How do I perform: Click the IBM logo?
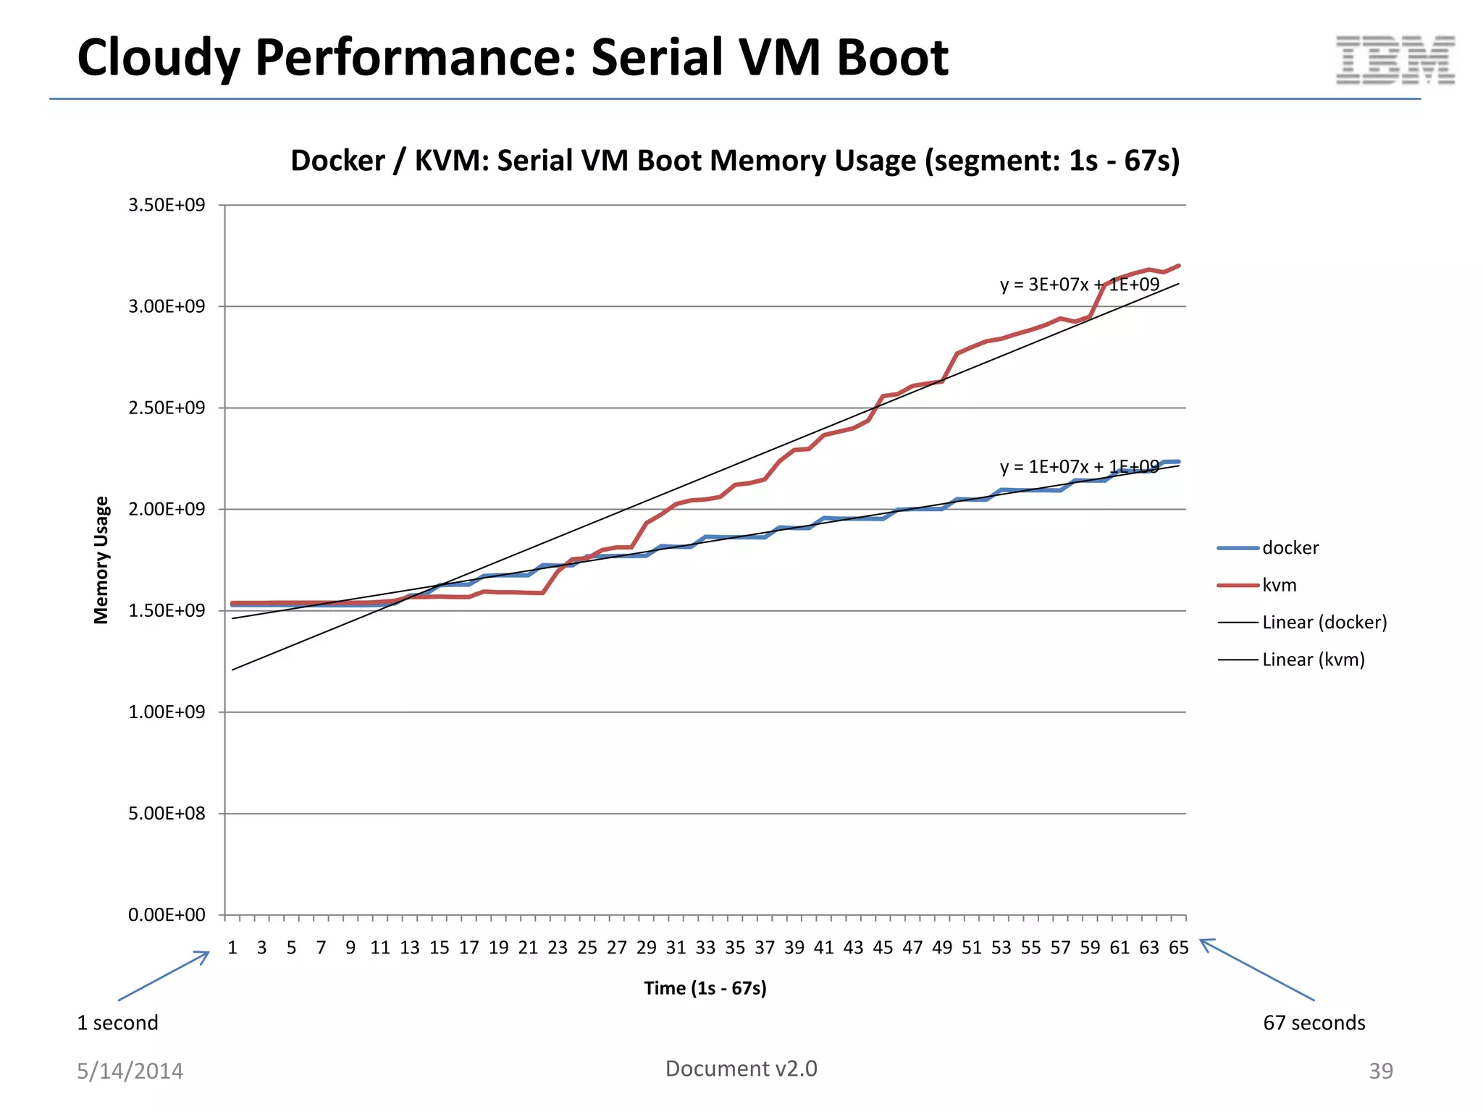pos(1395,60)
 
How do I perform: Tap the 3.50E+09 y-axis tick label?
pos(167,205)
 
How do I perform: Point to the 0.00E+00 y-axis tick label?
pos(167,915)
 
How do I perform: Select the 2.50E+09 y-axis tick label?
pos(167,408)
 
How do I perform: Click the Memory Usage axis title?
pos(101,560)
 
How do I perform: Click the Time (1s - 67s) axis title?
pos(705,988)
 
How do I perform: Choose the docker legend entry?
pos(1290,548)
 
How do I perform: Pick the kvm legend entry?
pos(1279,585)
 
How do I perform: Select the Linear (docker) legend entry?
pos(1324,622)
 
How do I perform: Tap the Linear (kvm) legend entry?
pos(1313,660)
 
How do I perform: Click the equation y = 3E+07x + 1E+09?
pos(1079,285)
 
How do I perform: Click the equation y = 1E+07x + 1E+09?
pos(1079,467)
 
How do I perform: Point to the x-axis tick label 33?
pos(705,948)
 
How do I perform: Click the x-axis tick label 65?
pos(1178,948)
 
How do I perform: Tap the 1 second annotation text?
pos(117,1023)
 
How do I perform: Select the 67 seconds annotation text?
pos(1314,1023)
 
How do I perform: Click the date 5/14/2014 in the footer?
pos(130,1071)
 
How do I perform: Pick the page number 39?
pos(1380,1071)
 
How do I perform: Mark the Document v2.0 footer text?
pos(741,1069)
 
